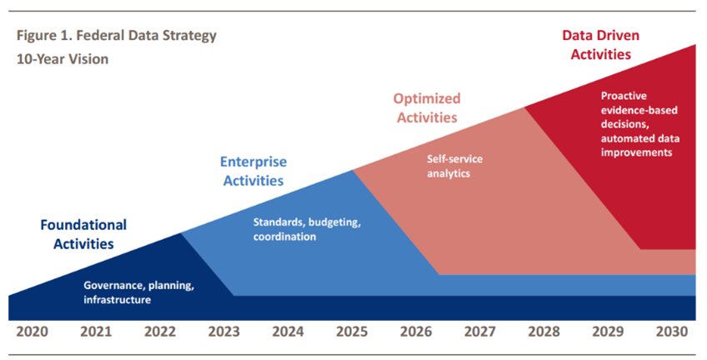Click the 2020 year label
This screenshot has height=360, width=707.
(33, 331)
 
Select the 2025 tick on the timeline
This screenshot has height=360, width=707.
(353, 331)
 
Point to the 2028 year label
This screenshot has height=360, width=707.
(544, 331)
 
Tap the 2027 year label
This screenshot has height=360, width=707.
(479, 331)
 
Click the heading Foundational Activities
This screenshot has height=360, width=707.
(83, 234)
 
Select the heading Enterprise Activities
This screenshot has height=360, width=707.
(251, 171)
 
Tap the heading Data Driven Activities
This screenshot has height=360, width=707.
(595, 45)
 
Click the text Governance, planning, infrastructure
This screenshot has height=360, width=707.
(138, 292)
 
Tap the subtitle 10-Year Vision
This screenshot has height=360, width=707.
(62, 60)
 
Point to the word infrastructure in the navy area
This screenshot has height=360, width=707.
(117, 299)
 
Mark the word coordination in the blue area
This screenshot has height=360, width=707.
(284, 237)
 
